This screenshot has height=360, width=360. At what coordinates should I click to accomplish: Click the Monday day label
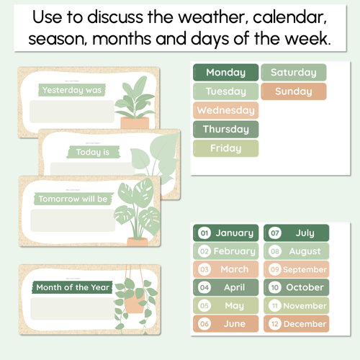[x=225, y=72]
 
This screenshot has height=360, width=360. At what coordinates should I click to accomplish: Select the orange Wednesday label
[x=225, y=111]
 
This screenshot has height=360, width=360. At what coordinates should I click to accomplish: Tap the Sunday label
[x=293, y=91]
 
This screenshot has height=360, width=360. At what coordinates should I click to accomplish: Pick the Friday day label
[x=225, y=149]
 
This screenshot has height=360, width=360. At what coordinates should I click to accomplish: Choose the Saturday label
[x=293, y=72]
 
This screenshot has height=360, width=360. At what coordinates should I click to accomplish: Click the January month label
[x=225, y=233]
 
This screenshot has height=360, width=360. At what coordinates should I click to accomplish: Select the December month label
[x=296, y=324]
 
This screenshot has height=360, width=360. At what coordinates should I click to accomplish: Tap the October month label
[x=296, y=287]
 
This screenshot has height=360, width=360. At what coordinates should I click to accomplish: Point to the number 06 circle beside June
[x=204, y=324]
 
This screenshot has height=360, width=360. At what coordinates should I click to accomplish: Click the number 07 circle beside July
[x=275, y=233]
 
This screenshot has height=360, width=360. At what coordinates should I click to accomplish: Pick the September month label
[x=296, y=269]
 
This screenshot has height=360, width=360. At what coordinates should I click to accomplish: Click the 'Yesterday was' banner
[x=72, y=90]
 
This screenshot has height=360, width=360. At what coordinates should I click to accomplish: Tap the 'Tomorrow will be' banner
[x=73, y=198]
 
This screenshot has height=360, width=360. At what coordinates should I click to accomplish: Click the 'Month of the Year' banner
[x=73, y=287]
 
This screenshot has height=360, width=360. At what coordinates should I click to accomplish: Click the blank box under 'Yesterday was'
[x=71, y=112]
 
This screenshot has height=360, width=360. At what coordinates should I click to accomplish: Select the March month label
[x=225, y=269]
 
